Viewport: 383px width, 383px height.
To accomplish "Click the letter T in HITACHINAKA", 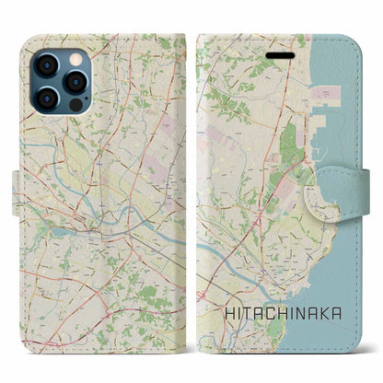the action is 247,313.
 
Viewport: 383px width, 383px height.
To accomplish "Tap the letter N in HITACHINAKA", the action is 303,313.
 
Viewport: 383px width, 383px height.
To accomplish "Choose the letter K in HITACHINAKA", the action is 327,313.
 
